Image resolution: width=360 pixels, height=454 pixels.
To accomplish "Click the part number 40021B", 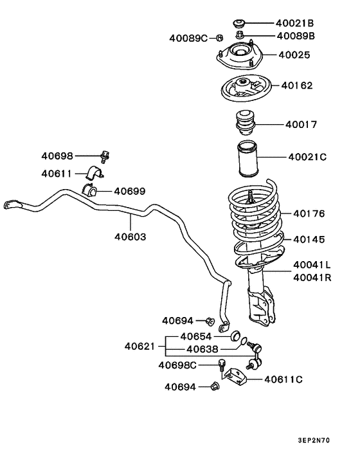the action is [294, 23].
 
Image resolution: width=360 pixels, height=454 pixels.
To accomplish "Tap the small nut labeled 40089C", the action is [220, 38].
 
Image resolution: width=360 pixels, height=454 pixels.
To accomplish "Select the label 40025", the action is [294, 55].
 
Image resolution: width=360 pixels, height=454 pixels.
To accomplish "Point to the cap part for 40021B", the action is [239, 23].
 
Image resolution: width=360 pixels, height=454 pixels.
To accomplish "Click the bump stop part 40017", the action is [246, 122].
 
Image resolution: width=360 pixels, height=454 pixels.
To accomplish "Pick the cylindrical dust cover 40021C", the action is [248, 159].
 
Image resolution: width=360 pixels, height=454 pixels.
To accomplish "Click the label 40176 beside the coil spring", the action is [309, 213].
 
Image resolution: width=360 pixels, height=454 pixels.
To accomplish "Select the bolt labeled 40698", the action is [105, 157].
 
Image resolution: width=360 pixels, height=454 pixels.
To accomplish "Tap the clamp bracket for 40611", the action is [94, 172].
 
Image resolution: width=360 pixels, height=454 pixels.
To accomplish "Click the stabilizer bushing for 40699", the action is [89, 190].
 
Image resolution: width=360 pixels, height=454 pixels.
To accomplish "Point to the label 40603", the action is [130, 237].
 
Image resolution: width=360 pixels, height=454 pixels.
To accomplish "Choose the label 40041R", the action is [312, 278].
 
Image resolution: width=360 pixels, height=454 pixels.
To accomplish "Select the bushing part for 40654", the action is [236, 336].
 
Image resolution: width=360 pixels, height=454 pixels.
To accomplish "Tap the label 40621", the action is [139, 347].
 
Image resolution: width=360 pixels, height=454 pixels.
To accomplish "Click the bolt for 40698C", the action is [221, 365].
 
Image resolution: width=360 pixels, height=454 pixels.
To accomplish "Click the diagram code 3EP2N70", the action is [314, 440].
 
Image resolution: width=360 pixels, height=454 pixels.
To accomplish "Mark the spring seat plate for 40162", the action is [246, 88].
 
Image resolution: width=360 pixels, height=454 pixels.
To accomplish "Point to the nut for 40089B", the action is [239, 35].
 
